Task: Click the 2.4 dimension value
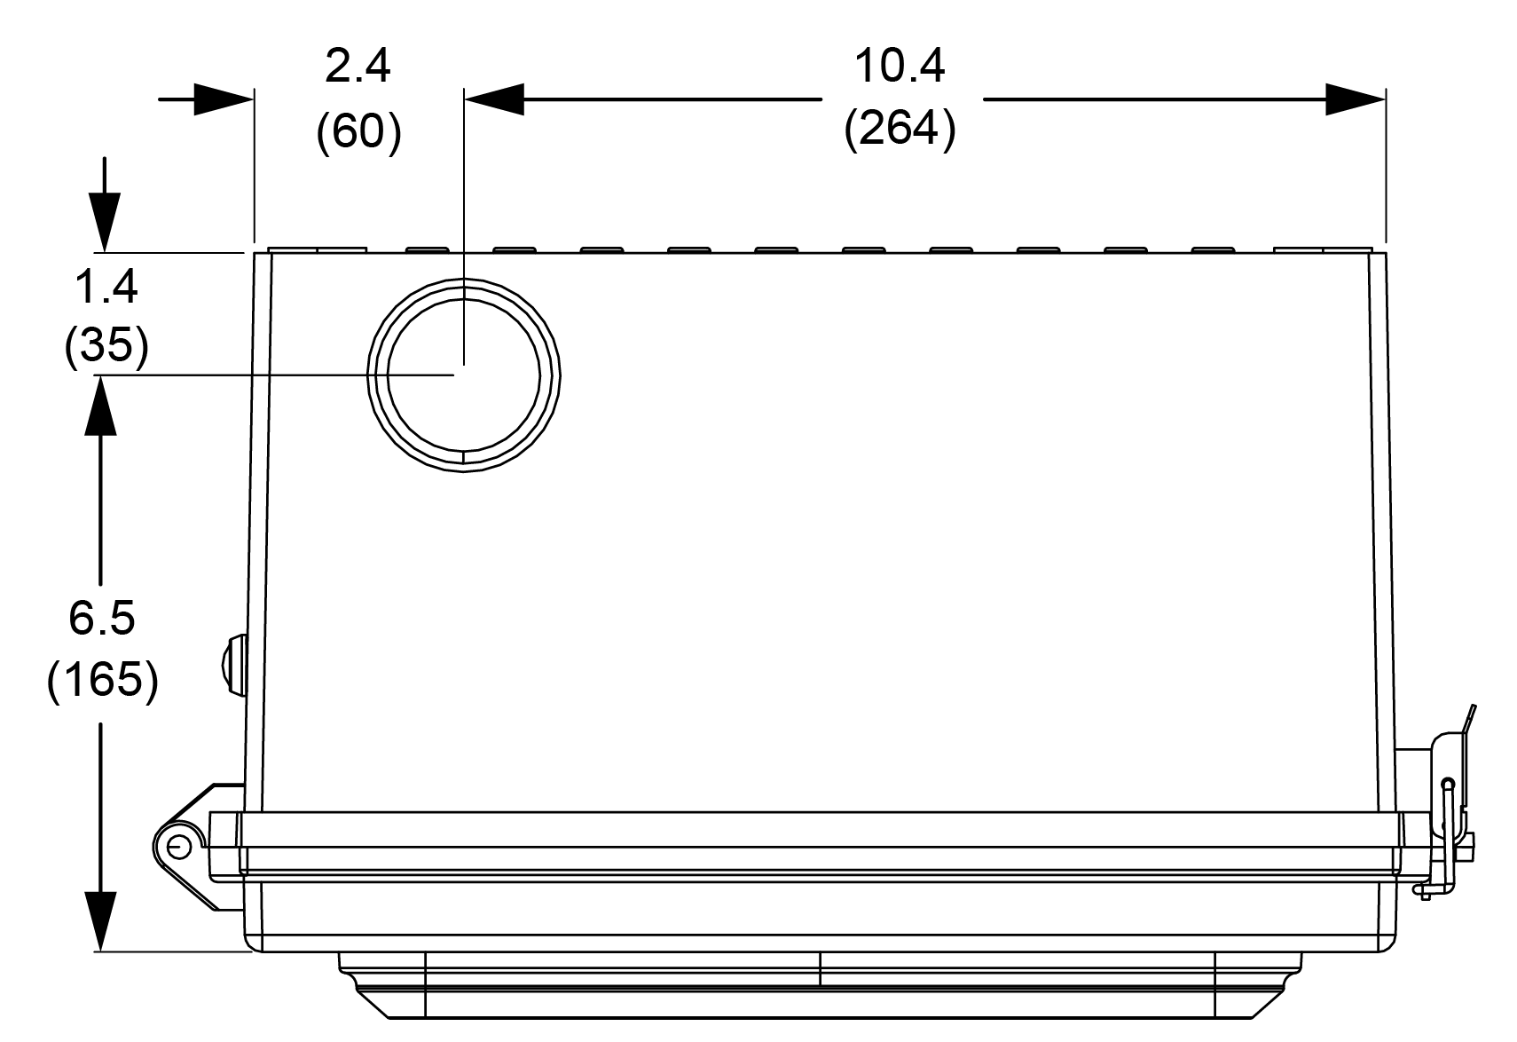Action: tap(358, 67)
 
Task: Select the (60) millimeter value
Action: tap(359, 130)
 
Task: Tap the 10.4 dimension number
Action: tap(900, 67)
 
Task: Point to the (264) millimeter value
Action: tap(900, 128)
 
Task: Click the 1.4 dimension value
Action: tap(106, 287)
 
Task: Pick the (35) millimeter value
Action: tap(106, 345)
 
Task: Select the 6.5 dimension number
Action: tap(102, 618)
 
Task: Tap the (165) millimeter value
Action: tap(103, 679)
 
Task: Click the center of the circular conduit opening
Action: tap(464, 375)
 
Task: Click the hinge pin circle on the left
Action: tap(179, 846)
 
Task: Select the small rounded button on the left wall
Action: tap(233, 664)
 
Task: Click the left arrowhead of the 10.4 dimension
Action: tap(494, 99)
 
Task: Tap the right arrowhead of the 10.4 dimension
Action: tap(1356, 99)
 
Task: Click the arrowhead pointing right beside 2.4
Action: tap(224, 99)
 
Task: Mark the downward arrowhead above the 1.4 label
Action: tap(105, 223)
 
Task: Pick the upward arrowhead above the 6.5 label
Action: tap(101, 405)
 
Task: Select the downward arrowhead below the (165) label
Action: tap(101, 921)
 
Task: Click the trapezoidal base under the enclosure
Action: tap(820, 985)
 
